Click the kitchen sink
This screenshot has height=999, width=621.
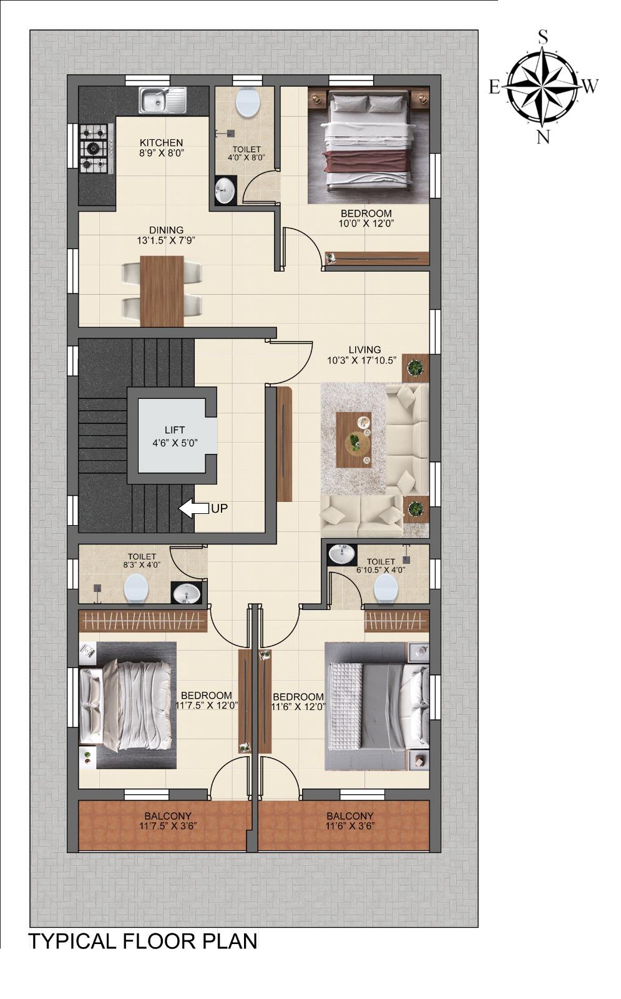pos(163,100)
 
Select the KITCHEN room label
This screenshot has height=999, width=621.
pos(162,143)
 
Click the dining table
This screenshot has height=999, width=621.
pos(162,291)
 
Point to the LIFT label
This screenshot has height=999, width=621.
pos(175,430)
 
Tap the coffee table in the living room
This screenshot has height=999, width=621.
pos(353,440)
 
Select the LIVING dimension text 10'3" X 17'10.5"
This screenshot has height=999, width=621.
pos(361,360)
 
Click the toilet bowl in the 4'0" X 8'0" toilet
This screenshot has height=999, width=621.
pos(247,102)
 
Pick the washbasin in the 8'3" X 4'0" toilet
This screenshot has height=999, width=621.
pos(187,593)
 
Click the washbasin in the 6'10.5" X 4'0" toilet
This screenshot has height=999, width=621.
pos(342,554)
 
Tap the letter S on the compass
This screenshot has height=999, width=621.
pos(543,37)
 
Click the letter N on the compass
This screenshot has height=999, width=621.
pos(543,137)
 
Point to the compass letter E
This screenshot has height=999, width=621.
pos(494,87)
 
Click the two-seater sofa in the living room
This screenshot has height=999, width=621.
pos(362,516)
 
